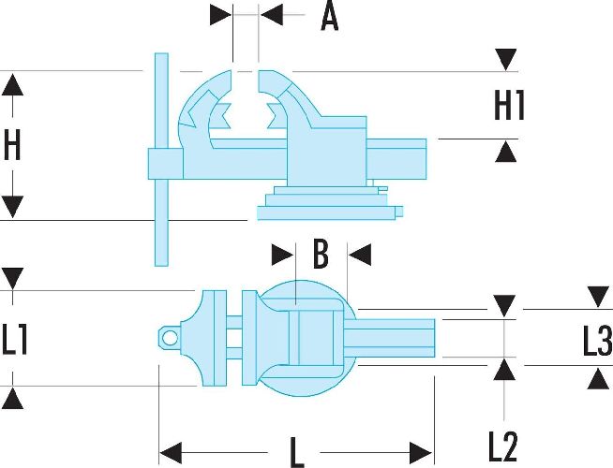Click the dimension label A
329,18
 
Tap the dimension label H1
509,105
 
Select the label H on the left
12,145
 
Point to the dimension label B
321,256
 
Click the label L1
15,340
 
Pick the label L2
502,446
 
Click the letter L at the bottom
296,453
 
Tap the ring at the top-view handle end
170,338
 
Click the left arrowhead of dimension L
171,453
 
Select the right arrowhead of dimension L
421,453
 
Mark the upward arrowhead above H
12,84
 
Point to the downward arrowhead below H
12,207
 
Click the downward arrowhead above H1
506,60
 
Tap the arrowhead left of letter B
282,256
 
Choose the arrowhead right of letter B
360,256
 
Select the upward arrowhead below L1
12,398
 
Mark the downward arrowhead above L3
598,298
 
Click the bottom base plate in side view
326,213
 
